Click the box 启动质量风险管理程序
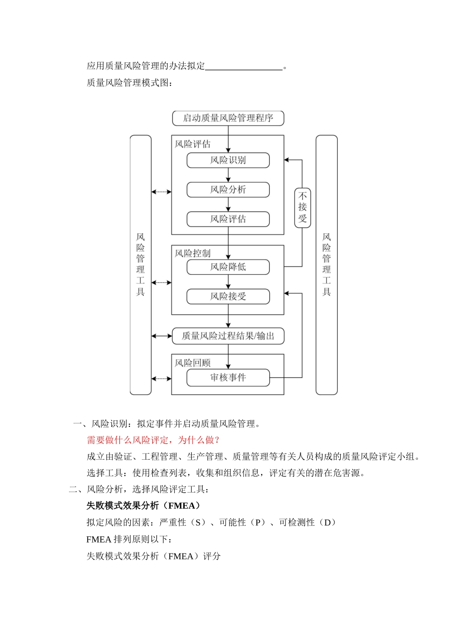click(228, 118)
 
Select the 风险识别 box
click(228, 160)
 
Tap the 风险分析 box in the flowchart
click(228, 190)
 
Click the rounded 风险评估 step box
click(228, 219)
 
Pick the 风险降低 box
click(228, 267)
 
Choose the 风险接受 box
click(228, 297)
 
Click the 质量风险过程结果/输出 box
click(228, 336)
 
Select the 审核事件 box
click(228, 378)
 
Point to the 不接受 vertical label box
click(303, 208)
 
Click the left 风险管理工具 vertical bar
click(140, 265)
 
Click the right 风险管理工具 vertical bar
click(326, 265)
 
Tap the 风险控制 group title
click(192, 253)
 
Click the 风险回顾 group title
click(192, 363)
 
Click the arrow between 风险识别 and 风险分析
click(228, 175)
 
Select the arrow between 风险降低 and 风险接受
click(228, 282)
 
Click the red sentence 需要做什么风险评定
click(153, 440)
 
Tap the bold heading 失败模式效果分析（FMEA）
click(144, 506)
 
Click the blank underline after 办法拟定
click(244, 67)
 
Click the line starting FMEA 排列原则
click(129, 540)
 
